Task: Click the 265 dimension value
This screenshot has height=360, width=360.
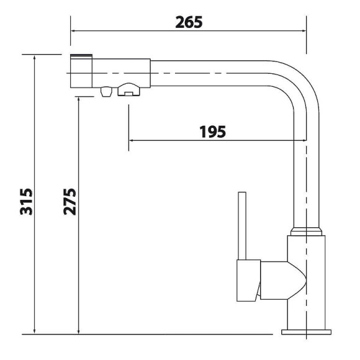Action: click(189, 22)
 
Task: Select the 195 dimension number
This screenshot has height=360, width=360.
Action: click(212, 132)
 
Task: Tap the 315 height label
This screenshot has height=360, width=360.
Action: click(26, 202)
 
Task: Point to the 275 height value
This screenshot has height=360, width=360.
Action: click(70, 202)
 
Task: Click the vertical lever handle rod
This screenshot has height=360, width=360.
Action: click(242, 226)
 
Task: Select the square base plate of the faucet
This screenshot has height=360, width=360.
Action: click(306, 332)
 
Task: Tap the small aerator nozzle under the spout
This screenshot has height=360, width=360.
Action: click(106, 91)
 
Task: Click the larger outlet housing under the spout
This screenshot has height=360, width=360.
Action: click(128, 89)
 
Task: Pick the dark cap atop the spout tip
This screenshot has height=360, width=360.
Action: click(81, 56)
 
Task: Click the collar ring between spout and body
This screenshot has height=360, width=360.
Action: click(306, 232)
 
